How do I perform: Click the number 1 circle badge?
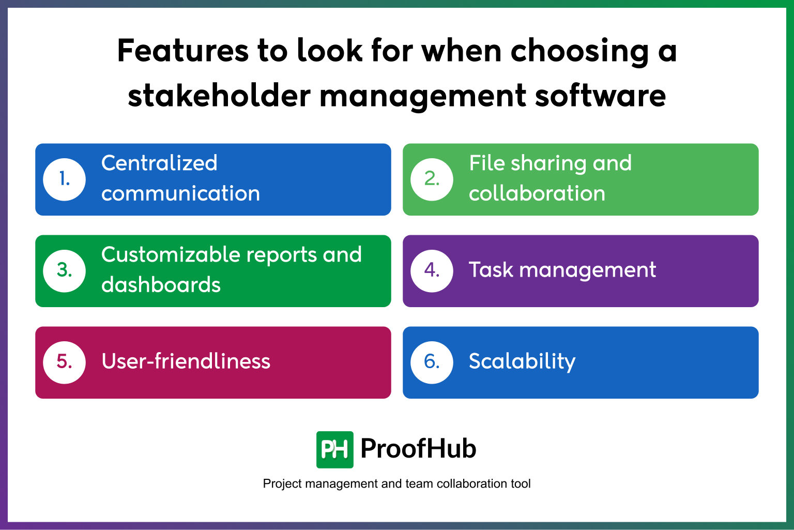coord(65,179)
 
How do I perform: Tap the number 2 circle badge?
coord(432,179)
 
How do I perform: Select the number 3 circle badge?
coord(65,270)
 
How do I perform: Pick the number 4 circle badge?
coord(432,270)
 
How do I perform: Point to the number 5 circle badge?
coord(65,362)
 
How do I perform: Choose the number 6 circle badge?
coord(432,362)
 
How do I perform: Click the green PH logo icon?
coord(335,449)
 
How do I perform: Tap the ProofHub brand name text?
coord(418,448)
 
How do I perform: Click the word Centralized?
coord(159,163)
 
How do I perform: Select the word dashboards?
coord(161,285)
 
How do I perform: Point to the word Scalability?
coord(522,361)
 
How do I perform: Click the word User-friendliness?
coord(186,361)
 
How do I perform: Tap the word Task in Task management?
coord(491,270)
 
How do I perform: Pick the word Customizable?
coord(171,255)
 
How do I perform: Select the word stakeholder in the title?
coord(219,96)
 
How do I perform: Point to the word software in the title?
coord(600,96)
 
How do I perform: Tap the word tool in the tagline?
coord(521,484)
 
